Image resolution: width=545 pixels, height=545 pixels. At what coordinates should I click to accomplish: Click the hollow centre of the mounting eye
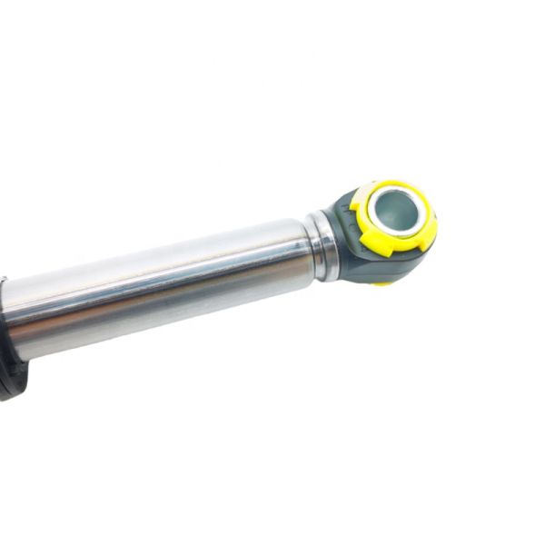point(395,212)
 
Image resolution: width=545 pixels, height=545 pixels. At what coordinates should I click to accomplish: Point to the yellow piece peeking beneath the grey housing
point(384,282)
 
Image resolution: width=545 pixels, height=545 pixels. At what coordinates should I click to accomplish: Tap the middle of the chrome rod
point(163,286)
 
